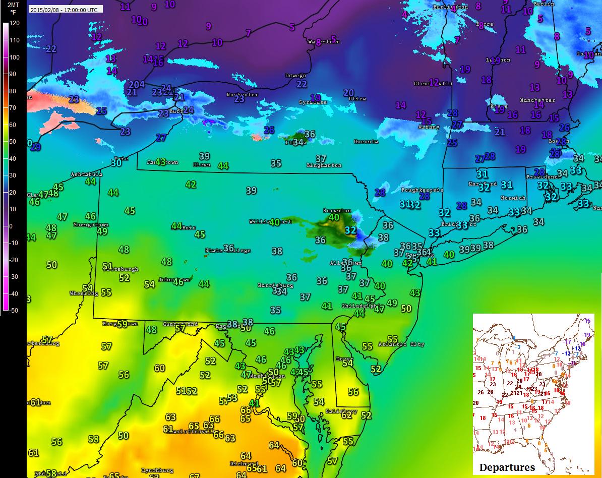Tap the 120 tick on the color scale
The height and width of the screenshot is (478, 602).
point(14,23)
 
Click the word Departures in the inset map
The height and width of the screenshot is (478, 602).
point(507,467)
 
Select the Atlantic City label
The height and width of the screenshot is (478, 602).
point(405,344)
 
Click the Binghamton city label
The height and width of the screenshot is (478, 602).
point(324,165)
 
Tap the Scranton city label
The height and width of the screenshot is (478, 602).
point(337,211)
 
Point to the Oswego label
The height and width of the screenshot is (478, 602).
point(295,76)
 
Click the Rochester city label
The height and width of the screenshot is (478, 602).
point(242,95)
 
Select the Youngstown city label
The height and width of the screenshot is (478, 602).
point(91,225)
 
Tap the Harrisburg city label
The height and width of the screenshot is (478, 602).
point(275,285)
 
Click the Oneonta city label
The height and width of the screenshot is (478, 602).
point(366,142)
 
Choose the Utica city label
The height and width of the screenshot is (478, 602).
point(357,99)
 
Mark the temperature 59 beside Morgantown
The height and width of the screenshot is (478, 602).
point(122,324)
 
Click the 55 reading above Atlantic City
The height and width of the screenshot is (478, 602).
point(392,339)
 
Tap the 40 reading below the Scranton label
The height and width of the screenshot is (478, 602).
point(334,218)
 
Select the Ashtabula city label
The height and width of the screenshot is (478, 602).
point(87,174)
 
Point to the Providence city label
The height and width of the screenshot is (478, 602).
point(544,177)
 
